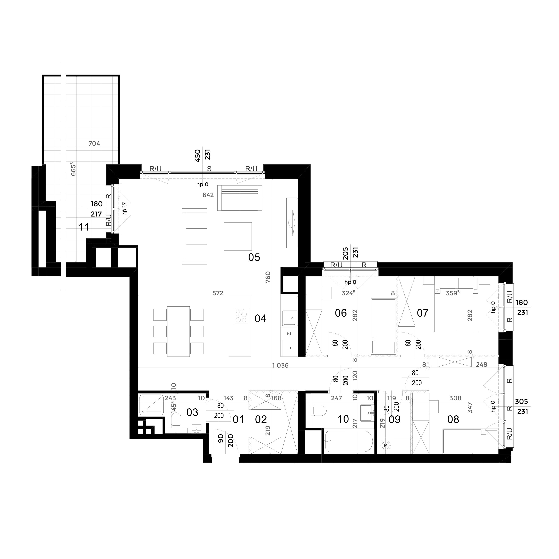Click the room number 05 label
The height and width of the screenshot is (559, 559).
click(x=254, y=257)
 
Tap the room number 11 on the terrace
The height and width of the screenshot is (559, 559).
click(x=84, y=227)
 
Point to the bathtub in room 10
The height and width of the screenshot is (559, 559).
click(x=349, y=441)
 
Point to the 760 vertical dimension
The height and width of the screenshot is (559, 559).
click(x=268, y=277)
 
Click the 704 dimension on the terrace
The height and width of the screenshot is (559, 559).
click(x=94, y=143)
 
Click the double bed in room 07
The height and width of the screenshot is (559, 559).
click(x=457, y=309)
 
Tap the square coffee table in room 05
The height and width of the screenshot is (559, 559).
click(x=238, y=236)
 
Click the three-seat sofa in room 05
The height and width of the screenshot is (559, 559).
click(x=194, y=236)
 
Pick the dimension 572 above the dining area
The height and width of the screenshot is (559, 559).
click(x=218, y=293)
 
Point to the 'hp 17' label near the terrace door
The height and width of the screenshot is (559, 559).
click(x=125, y=208)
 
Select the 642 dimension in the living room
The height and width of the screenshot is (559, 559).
click(x=208, y=195)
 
